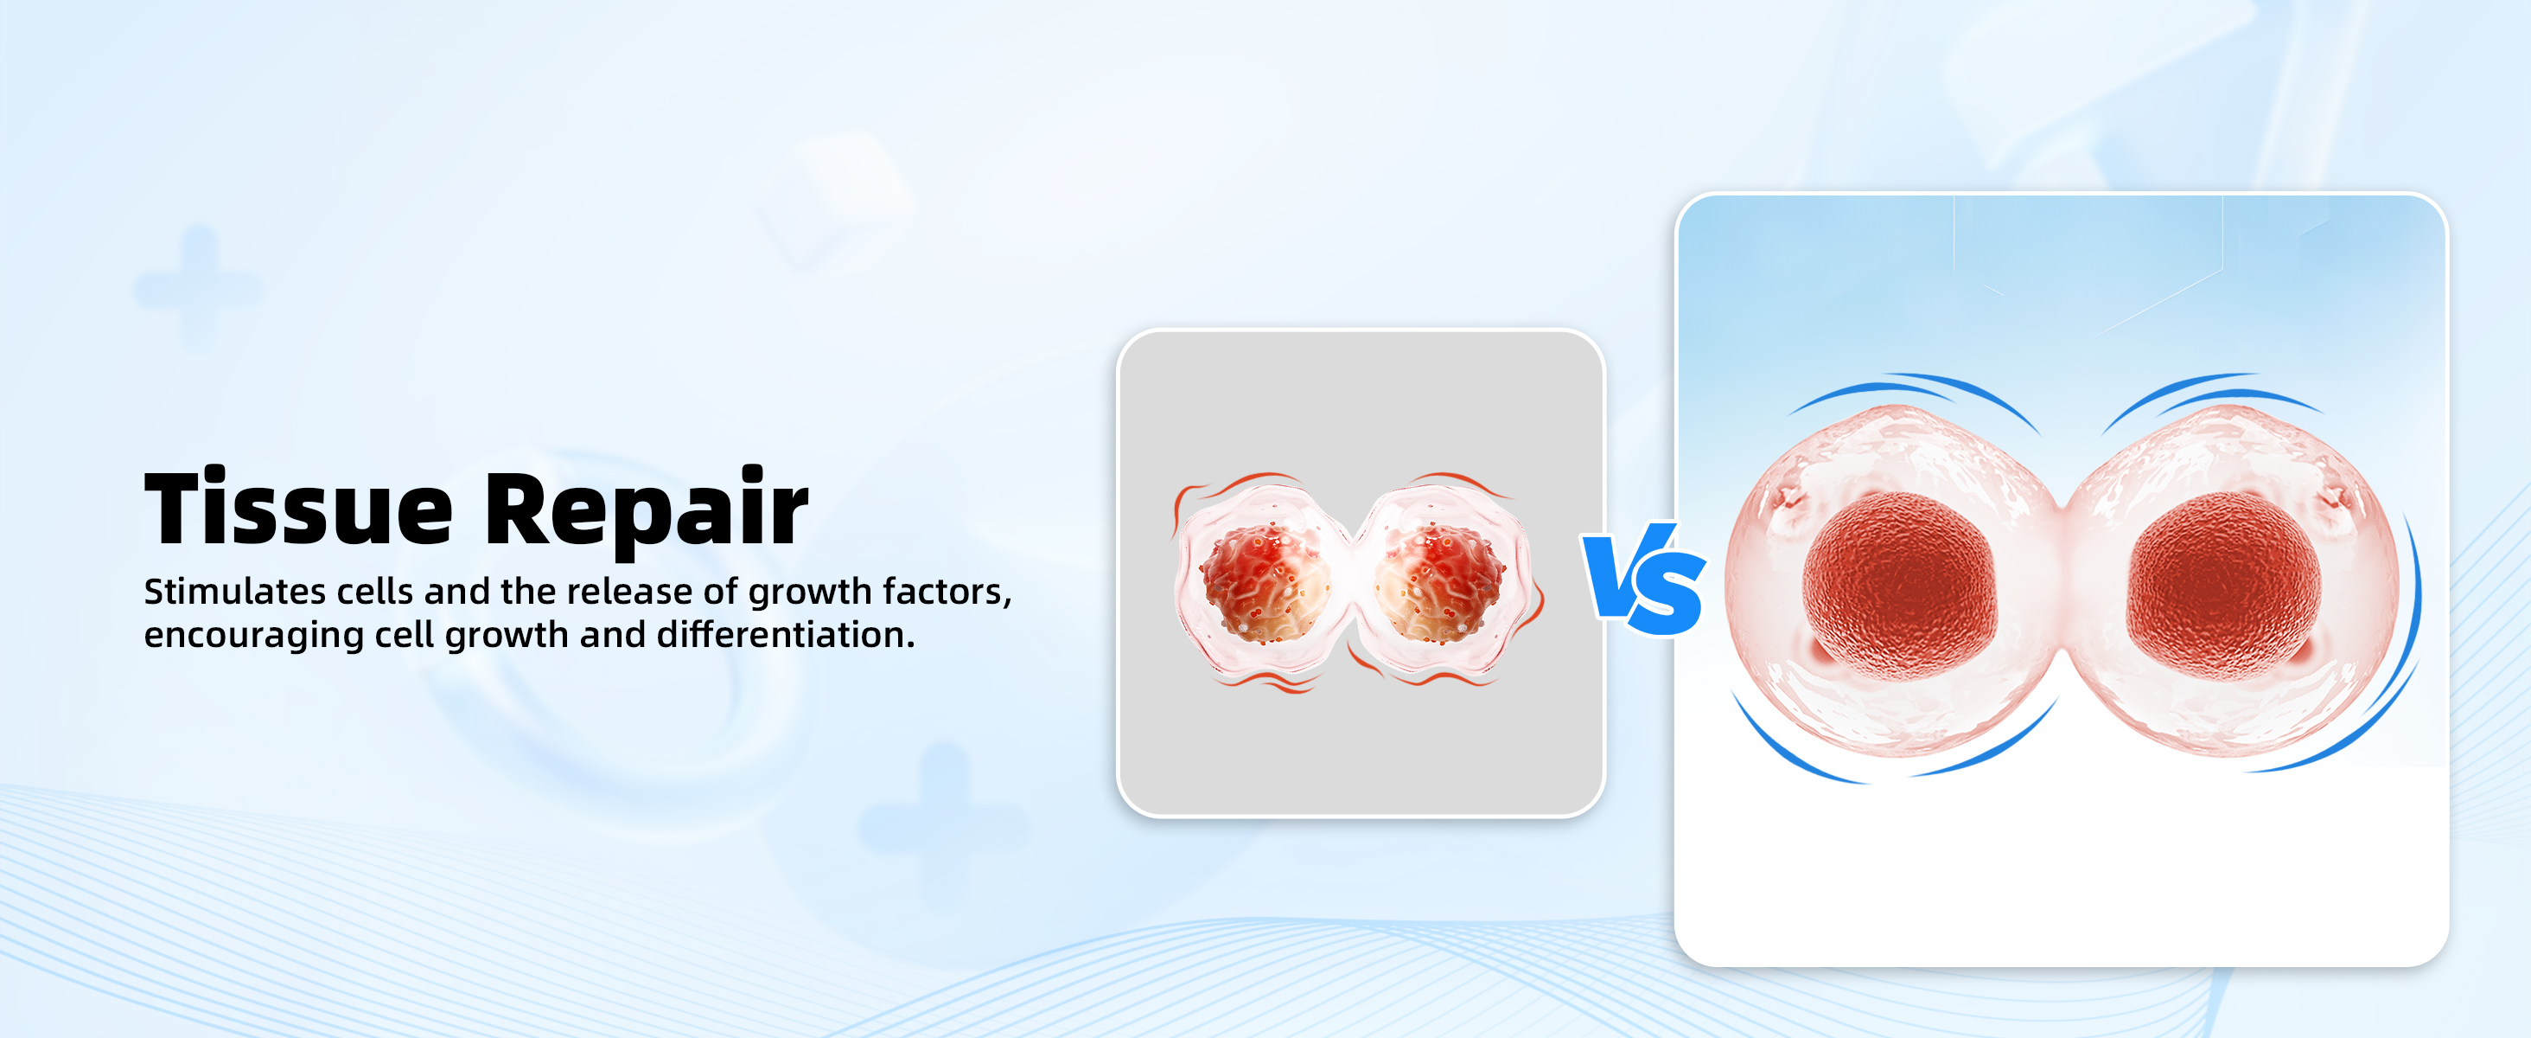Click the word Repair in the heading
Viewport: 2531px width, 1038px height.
(x=647, y=509)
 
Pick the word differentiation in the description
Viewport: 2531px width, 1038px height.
(x=785, y=635)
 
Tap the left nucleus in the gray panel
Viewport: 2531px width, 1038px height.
(x=1265, y=584)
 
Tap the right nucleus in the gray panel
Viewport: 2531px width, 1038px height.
(x=1439, y=584)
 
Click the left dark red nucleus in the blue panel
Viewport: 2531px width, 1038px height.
(x=1899, y=586)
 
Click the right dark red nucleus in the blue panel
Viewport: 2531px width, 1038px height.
(x=2223, y=586)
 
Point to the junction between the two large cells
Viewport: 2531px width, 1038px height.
(x=2062, y=580)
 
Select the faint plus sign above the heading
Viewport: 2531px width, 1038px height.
(x=199, y=289)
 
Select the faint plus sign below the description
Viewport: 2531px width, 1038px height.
(x=944, y=826)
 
